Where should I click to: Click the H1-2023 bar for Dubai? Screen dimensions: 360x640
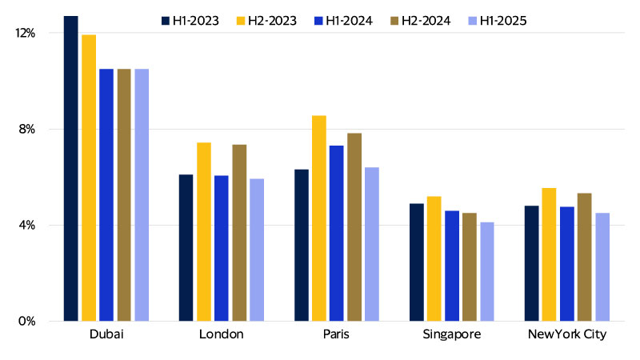click(71, 168)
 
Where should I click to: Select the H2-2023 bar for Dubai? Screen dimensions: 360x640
click(89, 178)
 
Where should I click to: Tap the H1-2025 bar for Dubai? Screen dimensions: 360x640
click(142, 195)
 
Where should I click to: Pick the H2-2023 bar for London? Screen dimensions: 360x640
click(204, 232)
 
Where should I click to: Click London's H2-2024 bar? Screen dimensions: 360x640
click(239, 233)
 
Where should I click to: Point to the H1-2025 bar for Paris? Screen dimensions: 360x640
click(372, 244)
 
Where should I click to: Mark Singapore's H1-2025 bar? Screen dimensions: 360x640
click(487, 271)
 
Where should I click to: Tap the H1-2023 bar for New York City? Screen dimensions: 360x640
click(532, 263)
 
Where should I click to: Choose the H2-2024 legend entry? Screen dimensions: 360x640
click(418, 20)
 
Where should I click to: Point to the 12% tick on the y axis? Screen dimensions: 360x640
click(26, 33)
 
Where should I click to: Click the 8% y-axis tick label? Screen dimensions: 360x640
click(28, 129)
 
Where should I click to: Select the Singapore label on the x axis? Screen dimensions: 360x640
click(452, 334)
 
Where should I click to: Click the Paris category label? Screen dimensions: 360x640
click(337, 334)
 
